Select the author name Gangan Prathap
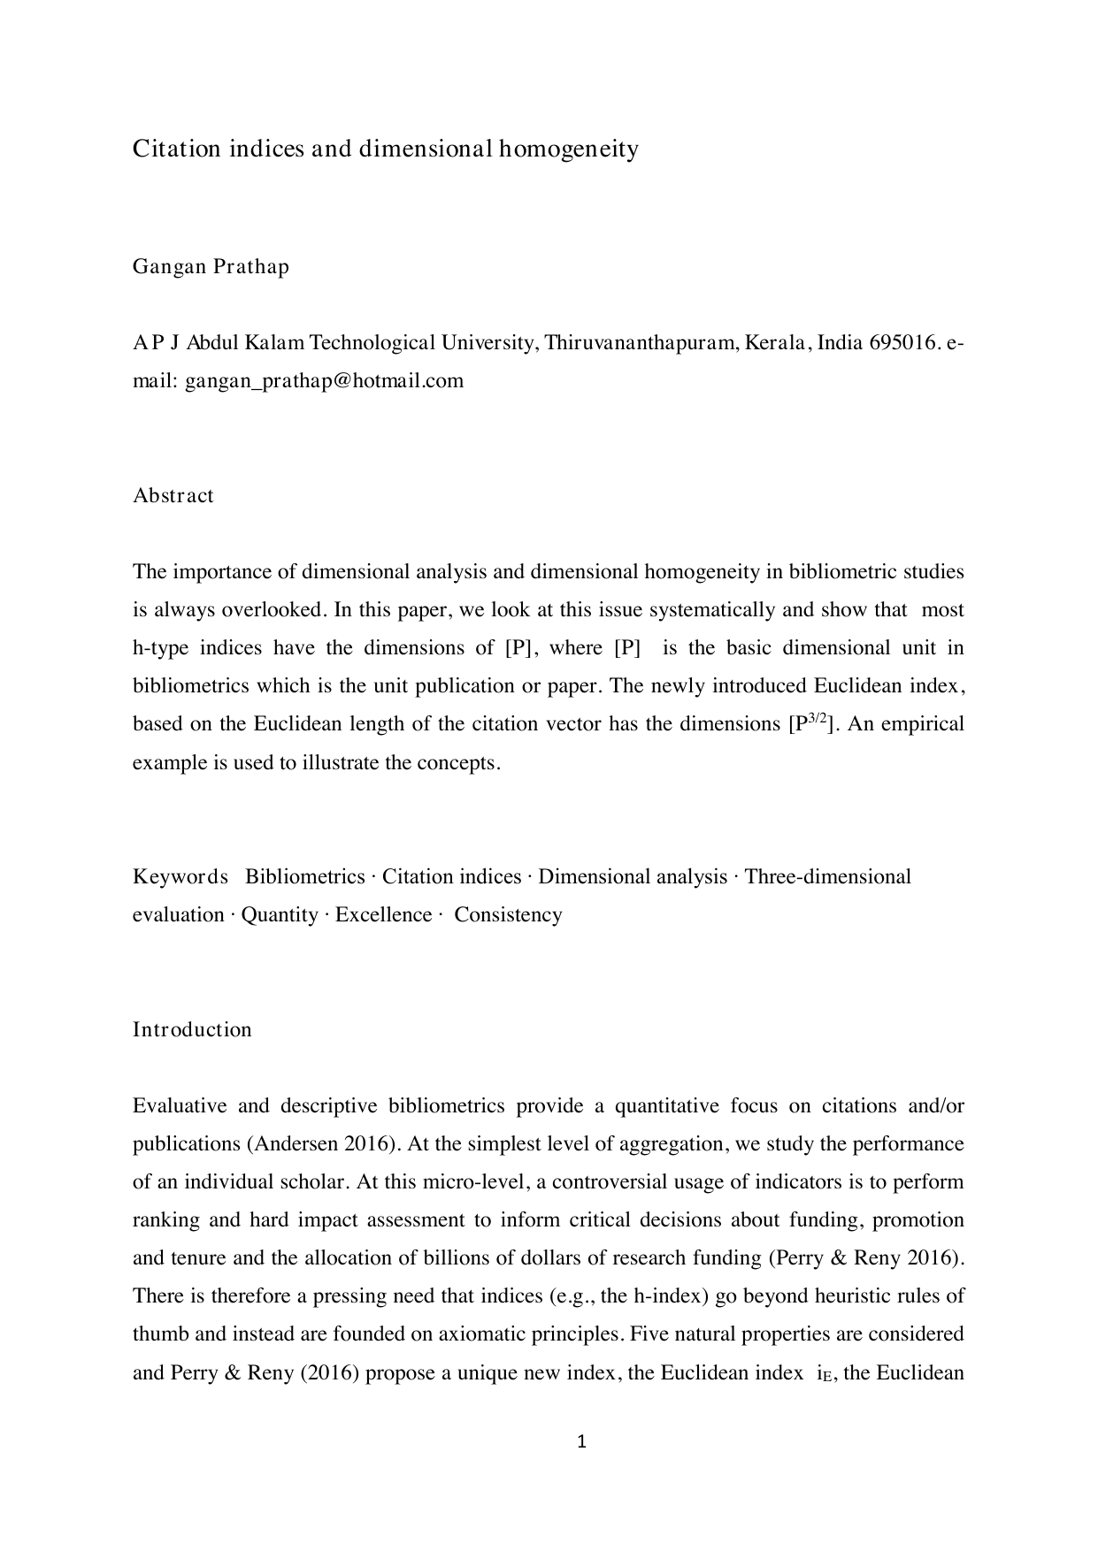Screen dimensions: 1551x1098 click(x=211, y=266)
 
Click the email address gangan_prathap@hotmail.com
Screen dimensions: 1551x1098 click(x=324, y=380)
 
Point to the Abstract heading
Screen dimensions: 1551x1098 click(x=173, y=495)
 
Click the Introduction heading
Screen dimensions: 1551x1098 click(x=192, y=1029)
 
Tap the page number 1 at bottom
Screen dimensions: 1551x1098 click(x=581, y=1442)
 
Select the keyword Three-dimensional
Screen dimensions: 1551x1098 click(x=827, y=876)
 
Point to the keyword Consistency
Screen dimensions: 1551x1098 click(x=508, y=914)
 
